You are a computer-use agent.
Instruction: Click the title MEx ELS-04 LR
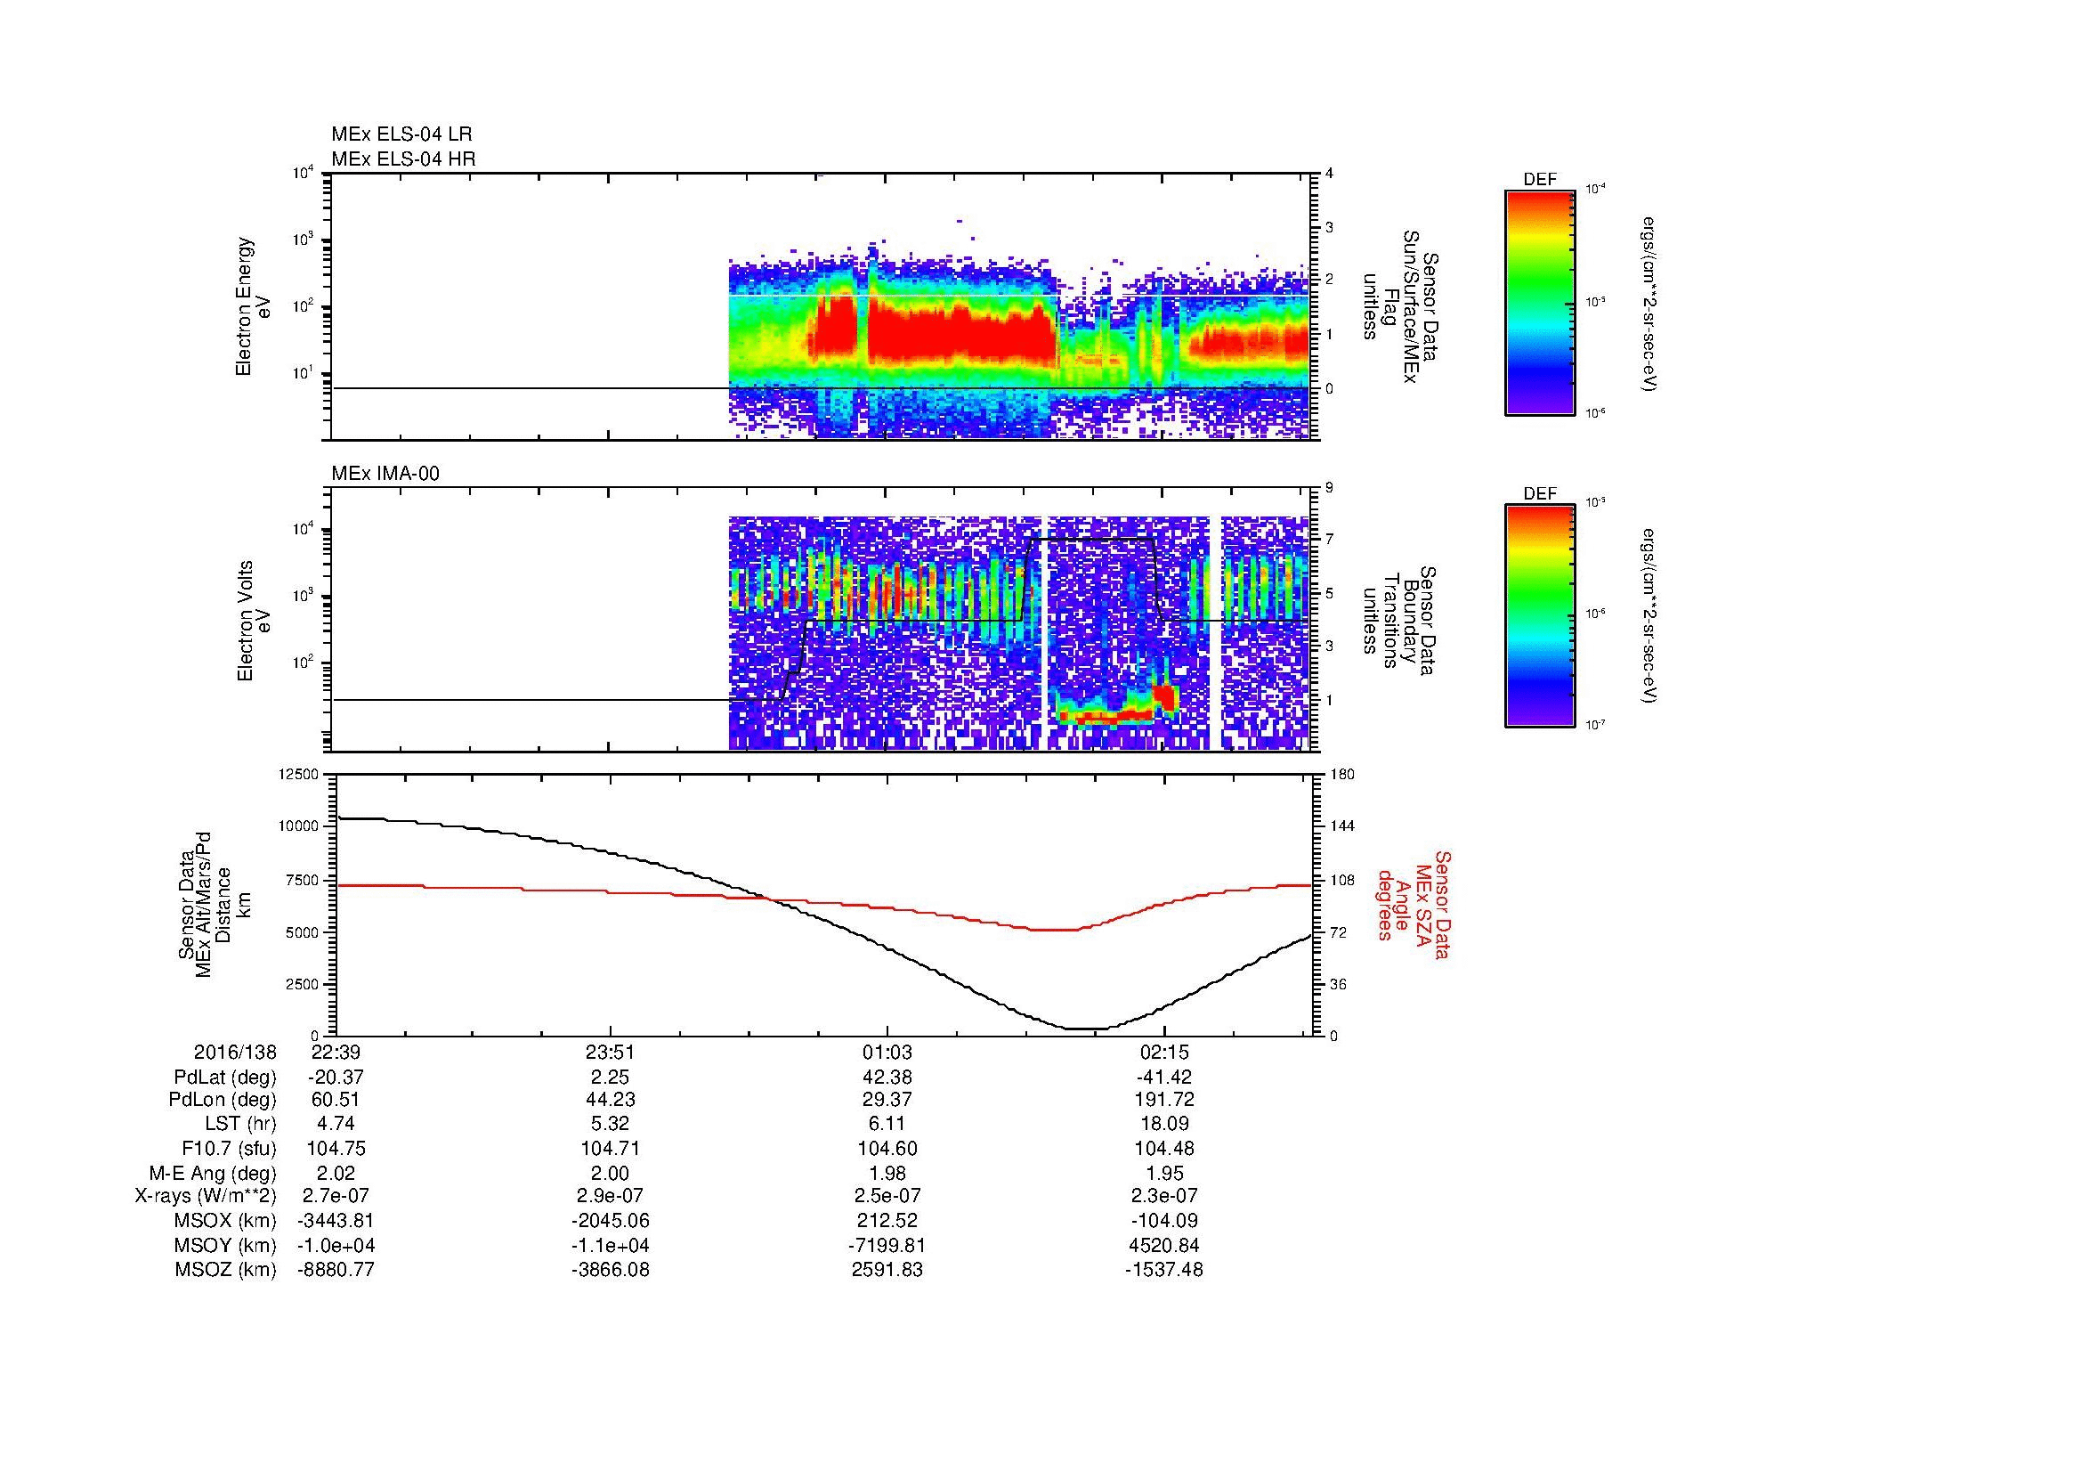(401, 134)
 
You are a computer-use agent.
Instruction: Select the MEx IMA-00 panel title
(385, 474)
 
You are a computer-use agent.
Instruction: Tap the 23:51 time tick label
(611, 1052)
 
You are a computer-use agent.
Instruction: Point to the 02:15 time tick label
(1164, 1052)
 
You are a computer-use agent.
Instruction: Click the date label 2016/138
(235, 1052)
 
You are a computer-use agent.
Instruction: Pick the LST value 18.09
(1164, 1124)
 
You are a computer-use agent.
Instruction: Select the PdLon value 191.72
(1164, 1100)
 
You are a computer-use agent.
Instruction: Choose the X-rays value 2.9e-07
(611, 1196)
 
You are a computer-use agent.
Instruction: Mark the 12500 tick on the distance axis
(298, 774)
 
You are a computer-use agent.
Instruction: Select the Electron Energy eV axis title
(254, 306)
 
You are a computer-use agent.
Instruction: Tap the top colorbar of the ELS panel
(1539, 303)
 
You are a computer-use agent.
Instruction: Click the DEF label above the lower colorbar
(1540, 494)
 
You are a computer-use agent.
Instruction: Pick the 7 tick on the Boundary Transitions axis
(1329, 540)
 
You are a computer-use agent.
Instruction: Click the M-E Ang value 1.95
(1164, 1173)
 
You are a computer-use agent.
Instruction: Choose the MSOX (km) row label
(226, 1221)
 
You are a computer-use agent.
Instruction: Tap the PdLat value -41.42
(1164, 1077)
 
